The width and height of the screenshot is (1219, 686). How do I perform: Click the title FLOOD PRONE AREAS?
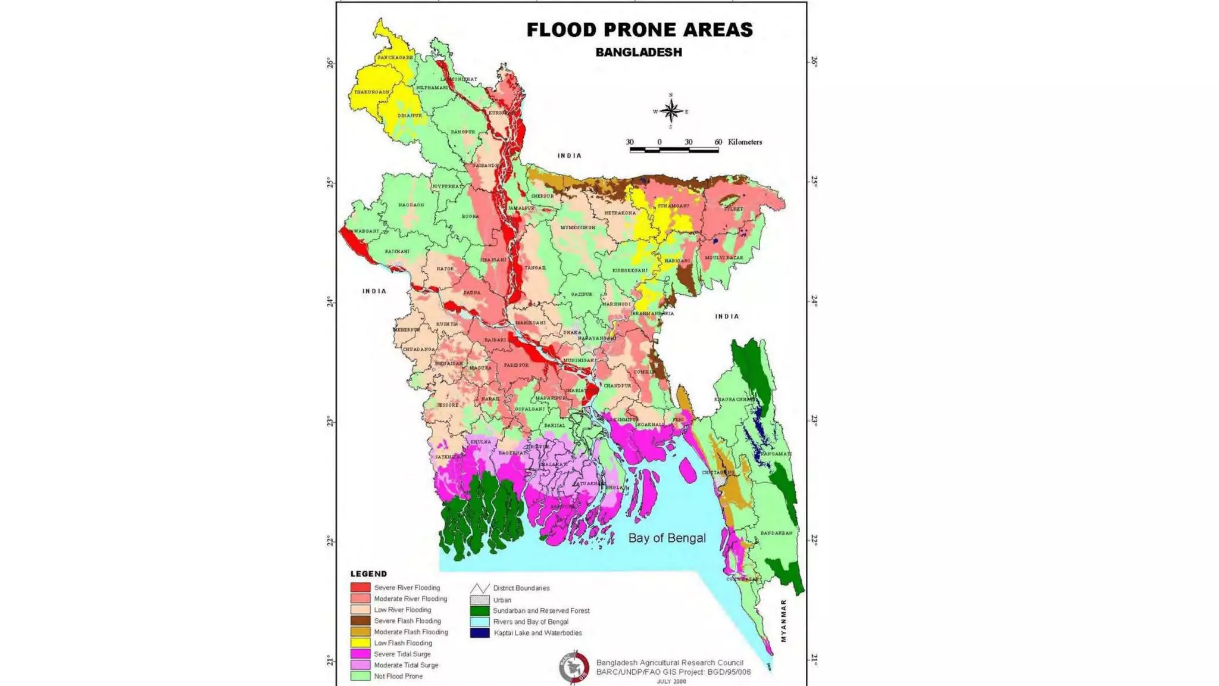pos(639,30)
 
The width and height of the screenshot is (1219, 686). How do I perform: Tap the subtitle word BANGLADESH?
pos(639,52)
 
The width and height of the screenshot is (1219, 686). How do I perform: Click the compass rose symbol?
pos(671,111)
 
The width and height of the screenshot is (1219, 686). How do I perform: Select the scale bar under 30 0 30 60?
pos(674,151)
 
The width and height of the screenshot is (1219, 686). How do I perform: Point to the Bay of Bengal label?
pos(667,538)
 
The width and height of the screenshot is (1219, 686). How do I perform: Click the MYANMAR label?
pos(783,620)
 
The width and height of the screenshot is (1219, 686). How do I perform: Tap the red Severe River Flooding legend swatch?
pos(360,588)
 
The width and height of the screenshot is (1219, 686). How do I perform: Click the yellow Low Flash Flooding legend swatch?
pos(360,643)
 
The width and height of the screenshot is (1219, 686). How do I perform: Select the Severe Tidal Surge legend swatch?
pos(360,654)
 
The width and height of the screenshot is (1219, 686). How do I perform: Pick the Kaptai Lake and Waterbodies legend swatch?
pos(480,633)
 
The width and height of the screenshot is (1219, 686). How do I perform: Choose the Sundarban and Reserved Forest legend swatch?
pos(480,610)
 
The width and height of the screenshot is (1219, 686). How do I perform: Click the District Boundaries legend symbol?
pos(480,588)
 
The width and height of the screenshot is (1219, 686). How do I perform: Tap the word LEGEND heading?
pos(368,574)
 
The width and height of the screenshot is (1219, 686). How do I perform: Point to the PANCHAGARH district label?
pos(395,58)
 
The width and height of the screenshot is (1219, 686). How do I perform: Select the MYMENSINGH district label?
pos(577,227)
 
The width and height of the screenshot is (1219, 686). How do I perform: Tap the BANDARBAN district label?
pos(776,533)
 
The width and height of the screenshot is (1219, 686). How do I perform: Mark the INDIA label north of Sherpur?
pos(569,155)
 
